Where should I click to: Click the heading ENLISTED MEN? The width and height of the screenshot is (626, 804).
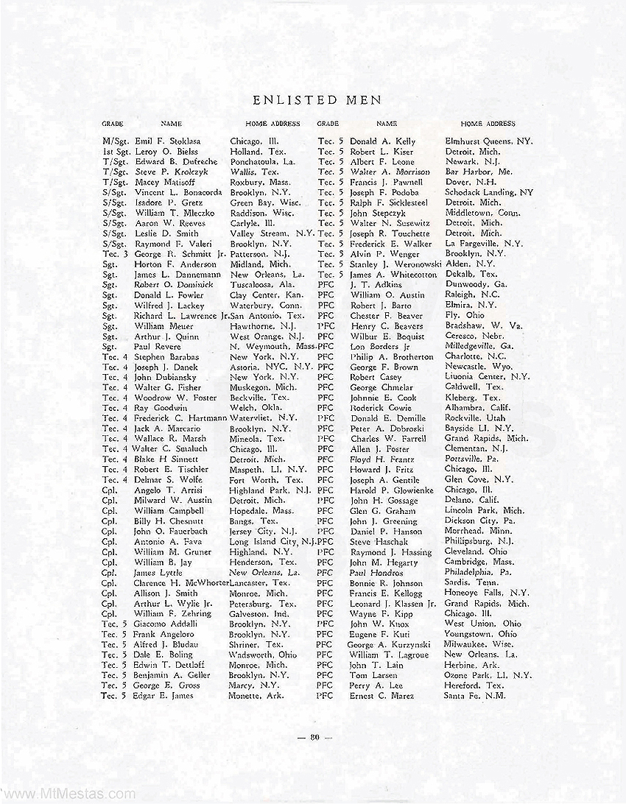click(x=313, y=99)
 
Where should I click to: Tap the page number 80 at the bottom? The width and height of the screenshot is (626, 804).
click(x=314, y=736)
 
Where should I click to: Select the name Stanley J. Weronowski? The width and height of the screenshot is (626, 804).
click(x=395, y=264)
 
